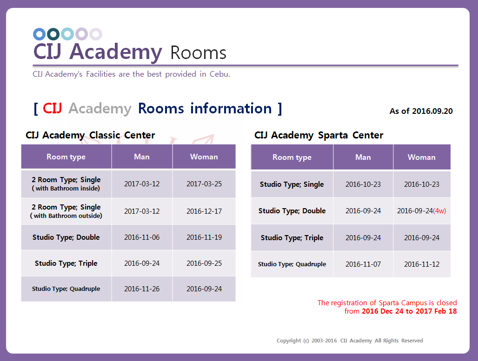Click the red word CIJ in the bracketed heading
pos(53,108)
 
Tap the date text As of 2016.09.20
pos(421,111)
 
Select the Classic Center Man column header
pos(142,157)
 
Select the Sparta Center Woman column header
pos(422,157)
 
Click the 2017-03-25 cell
pos(204,184)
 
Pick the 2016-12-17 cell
pos(204,211)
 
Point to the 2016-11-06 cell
pos(142,237)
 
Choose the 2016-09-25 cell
pos(204,263)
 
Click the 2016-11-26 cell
pos(142,289)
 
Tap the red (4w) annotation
pos(439,211)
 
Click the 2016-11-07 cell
pos(363,264)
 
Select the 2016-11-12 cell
pos(422,264)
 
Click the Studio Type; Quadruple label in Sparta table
pos(292,264)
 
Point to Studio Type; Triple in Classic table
pos(66,263)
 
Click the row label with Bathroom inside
pos(66,184)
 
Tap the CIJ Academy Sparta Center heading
pos(319,135)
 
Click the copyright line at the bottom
pos(350,341)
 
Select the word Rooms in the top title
pos(199,53)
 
